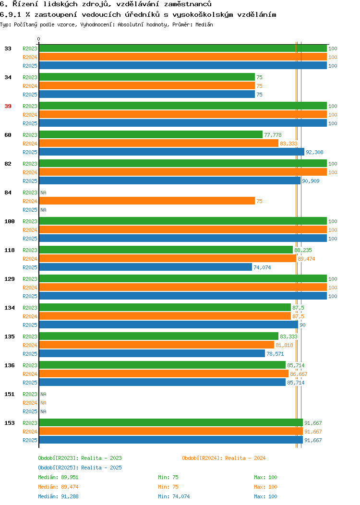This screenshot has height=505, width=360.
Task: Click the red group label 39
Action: [x=8, y=106]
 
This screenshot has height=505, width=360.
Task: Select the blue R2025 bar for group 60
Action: [x=172, y=152]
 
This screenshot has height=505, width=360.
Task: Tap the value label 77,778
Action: [x=273, y=135]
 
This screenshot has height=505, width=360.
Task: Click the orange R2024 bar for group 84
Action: [x=147, y=201]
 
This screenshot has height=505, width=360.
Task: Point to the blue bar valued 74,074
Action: [x=145, y=267]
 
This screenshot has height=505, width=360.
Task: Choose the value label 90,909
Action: [x=311, y=181]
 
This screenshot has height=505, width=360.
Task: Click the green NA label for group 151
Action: [x=44, y=394]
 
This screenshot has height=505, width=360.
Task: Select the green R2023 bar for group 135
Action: [x=159, y=336]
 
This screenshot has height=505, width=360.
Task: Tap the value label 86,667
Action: [x=299, y=374]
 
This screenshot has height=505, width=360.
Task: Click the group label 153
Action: [x=9, y=423]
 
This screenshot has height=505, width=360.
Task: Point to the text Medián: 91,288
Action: [x=58, y=496]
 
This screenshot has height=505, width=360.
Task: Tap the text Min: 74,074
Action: [x=174, y=496]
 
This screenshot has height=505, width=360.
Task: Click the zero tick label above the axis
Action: [x=39, y=39]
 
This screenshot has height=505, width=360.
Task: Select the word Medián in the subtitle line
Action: [x=204, y=24]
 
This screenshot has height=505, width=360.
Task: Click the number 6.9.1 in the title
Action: [x=11, y=14]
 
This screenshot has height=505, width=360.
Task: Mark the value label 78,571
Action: [x=275, y=354]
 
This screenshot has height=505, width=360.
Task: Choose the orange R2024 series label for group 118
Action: [x=30, y=259]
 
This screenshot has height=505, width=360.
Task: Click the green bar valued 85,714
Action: [x=162, y=364]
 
